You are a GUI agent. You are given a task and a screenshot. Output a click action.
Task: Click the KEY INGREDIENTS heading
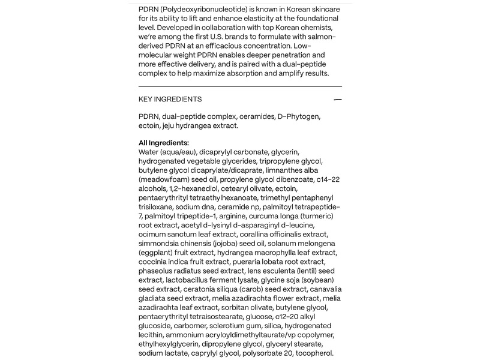(170, 100)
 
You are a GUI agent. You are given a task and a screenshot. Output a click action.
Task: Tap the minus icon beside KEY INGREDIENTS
(338, 100)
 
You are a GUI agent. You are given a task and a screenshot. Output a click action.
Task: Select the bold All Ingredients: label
(164, 143)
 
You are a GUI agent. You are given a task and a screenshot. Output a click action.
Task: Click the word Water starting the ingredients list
(150, 152)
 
